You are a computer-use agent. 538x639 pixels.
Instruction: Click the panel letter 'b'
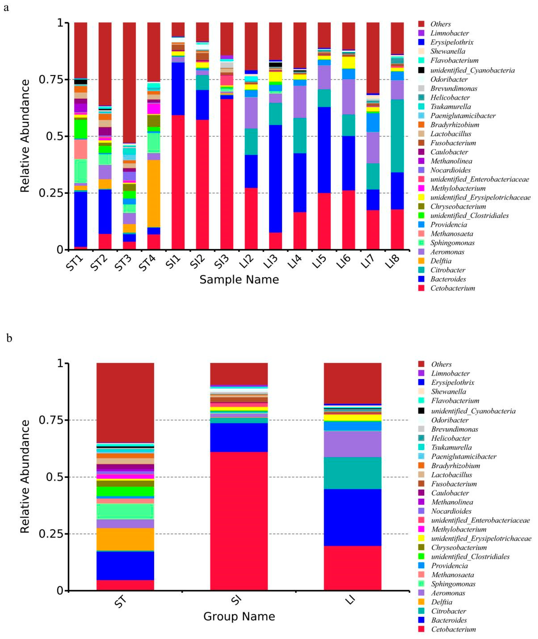(9, 338)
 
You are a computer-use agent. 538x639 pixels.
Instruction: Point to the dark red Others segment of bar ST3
(129, 82)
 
